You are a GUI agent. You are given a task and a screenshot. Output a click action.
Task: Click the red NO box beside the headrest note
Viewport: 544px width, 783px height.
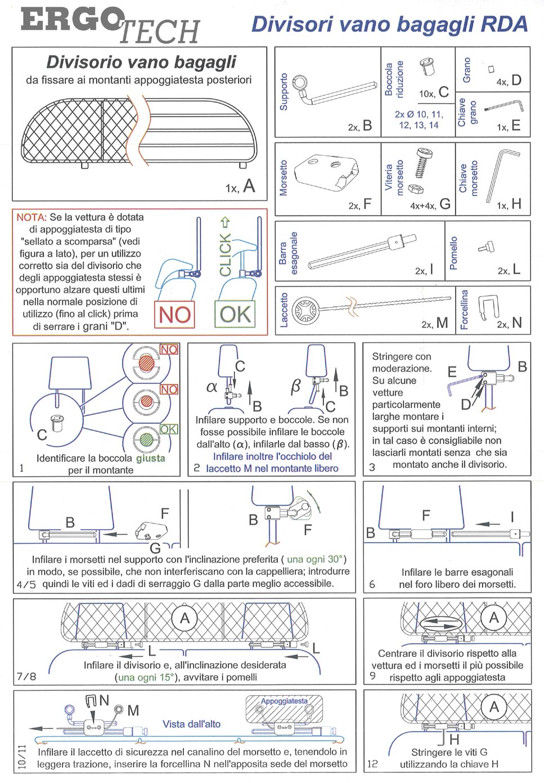(x=174, y=314)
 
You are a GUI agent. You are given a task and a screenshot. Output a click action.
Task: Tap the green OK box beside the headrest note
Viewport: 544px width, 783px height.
(x=235, y=314)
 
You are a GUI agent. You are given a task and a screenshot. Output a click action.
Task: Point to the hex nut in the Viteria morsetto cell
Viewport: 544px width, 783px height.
(x=416, y=188)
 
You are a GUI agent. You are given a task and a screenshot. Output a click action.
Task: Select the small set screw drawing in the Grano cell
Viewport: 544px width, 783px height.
(x=492, y=69)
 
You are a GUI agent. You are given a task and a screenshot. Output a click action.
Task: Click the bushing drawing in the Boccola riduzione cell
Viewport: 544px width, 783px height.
(x=427, y=67)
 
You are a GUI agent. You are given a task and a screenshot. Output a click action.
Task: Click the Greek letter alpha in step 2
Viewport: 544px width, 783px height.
(x=212, y=387)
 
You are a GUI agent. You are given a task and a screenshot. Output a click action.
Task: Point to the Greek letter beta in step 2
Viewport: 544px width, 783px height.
(x=295, y=387)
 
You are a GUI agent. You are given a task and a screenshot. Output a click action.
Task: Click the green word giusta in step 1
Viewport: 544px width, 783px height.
(x=150, y=458)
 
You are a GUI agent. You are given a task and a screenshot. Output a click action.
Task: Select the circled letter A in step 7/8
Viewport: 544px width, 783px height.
(x=185, y=618)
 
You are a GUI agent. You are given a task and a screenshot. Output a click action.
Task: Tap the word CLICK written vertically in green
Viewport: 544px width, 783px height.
(x=225, y=254)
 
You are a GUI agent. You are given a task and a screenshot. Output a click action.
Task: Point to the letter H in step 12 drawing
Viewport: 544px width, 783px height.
(x=454, y=739)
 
